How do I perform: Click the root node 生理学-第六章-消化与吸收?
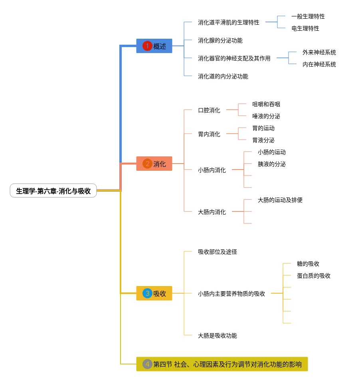tap(53, 191)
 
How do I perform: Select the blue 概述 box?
tap(154, 46)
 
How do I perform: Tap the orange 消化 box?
tap(154, 164)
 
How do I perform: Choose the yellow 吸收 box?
tap(154, 293)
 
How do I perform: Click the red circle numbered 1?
tap(147, 46)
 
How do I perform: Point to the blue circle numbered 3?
tap(147, 293)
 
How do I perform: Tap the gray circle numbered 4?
tap(147, 364)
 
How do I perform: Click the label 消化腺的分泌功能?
tap(220, 40)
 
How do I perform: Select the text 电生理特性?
tap(305, 28)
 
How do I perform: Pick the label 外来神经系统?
tap(319, 52)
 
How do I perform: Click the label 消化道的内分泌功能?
tap(223, 76)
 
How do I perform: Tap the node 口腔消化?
tap(209, 111)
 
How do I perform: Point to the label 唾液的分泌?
tap(266, 116)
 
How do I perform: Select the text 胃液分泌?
tap(263, 140)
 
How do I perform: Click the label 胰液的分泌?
tap(271, 164)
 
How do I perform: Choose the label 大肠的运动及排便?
tap(280, 200)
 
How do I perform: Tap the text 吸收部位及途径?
tap(217, 252)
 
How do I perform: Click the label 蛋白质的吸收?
tap(314, 276)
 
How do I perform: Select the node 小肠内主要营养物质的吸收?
tap(231, 294)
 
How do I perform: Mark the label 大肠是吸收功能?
tap(217, 336)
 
